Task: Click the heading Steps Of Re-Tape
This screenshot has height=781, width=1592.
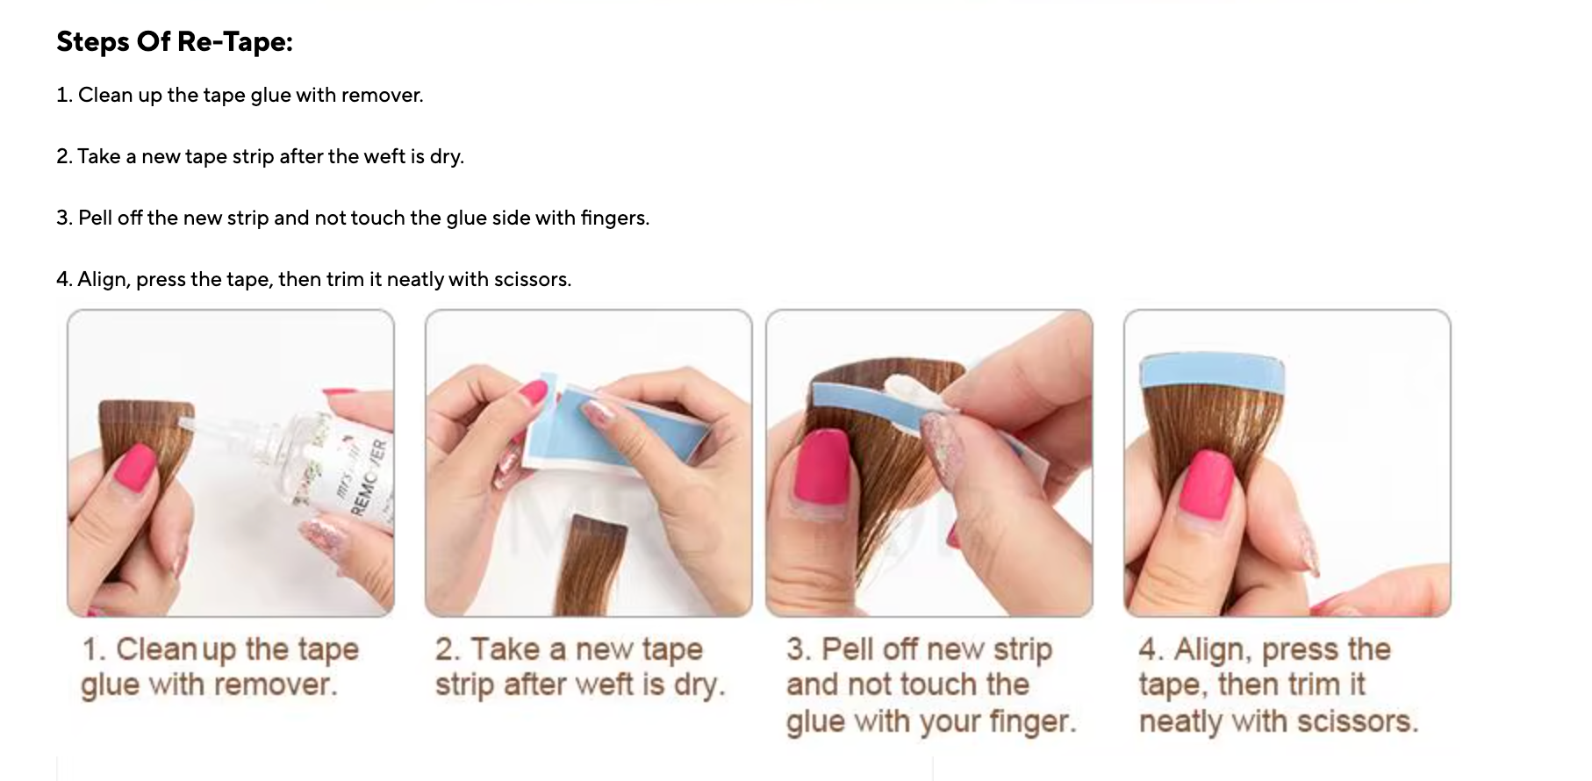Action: tap(174, 41)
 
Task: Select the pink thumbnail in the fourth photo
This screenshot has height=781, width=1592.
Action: tap(1207, 483)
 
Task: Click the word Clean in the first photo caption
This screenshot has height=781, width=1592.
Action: tap(156, 649)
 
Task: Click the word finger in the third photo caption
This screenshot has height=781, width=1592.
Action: tap(1030, 721)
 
